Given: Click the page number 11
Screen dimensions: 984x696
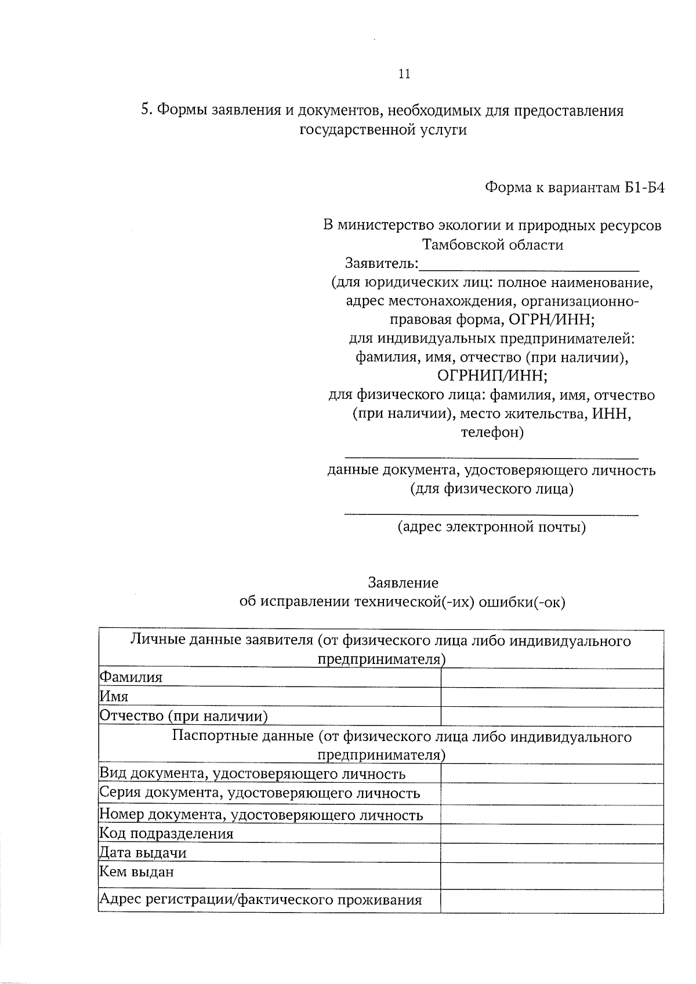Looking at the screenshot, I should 405,74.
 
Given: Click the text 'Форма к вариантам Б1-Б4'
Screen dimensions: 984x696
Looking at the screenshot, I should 574,188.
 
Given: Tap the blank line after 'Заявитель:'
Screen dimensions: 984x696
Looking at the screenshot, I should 528,264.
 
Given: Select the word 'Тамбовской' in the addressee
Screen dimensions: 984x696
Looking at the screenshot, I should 463,245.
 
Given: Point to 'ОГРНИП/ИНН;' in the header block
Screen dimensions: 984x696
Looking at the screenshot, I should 492,376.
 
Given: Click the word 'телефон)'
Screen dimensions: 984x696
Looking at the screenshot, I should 492,433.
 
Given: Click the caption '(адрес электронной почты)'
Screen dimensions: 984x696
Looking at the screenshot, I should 491,527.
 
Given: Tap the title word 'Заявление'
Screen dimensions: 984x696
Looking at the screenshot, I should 403,582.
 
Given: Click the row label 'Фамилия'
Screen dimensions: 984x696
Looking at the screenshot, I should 131,677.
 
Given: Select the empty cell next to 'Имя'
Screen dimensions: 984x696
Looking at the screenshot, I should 552,697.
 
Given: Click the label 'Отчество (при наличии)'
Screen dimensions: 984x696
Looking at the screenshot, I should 184,716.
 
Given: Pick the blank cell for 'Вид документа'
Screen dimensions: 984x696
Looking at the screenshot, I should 552,774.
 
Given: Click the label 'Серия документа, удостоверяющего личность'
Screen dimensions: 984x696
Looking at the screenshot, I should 260,793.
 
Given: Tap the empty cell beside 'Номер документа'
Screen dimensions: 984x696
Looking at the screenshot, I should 552,815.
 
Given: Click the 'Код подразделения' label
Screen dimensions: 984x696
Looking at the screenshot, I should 166,834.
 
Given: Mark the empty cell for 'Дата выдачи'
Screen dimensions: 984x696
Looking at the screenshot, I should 552,853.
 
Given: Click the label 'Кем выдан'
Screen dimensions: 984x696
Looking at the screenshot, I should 137,872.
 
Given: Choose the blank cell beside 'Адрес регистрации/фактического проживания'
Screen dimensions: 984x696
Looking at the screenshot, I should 552,900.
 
